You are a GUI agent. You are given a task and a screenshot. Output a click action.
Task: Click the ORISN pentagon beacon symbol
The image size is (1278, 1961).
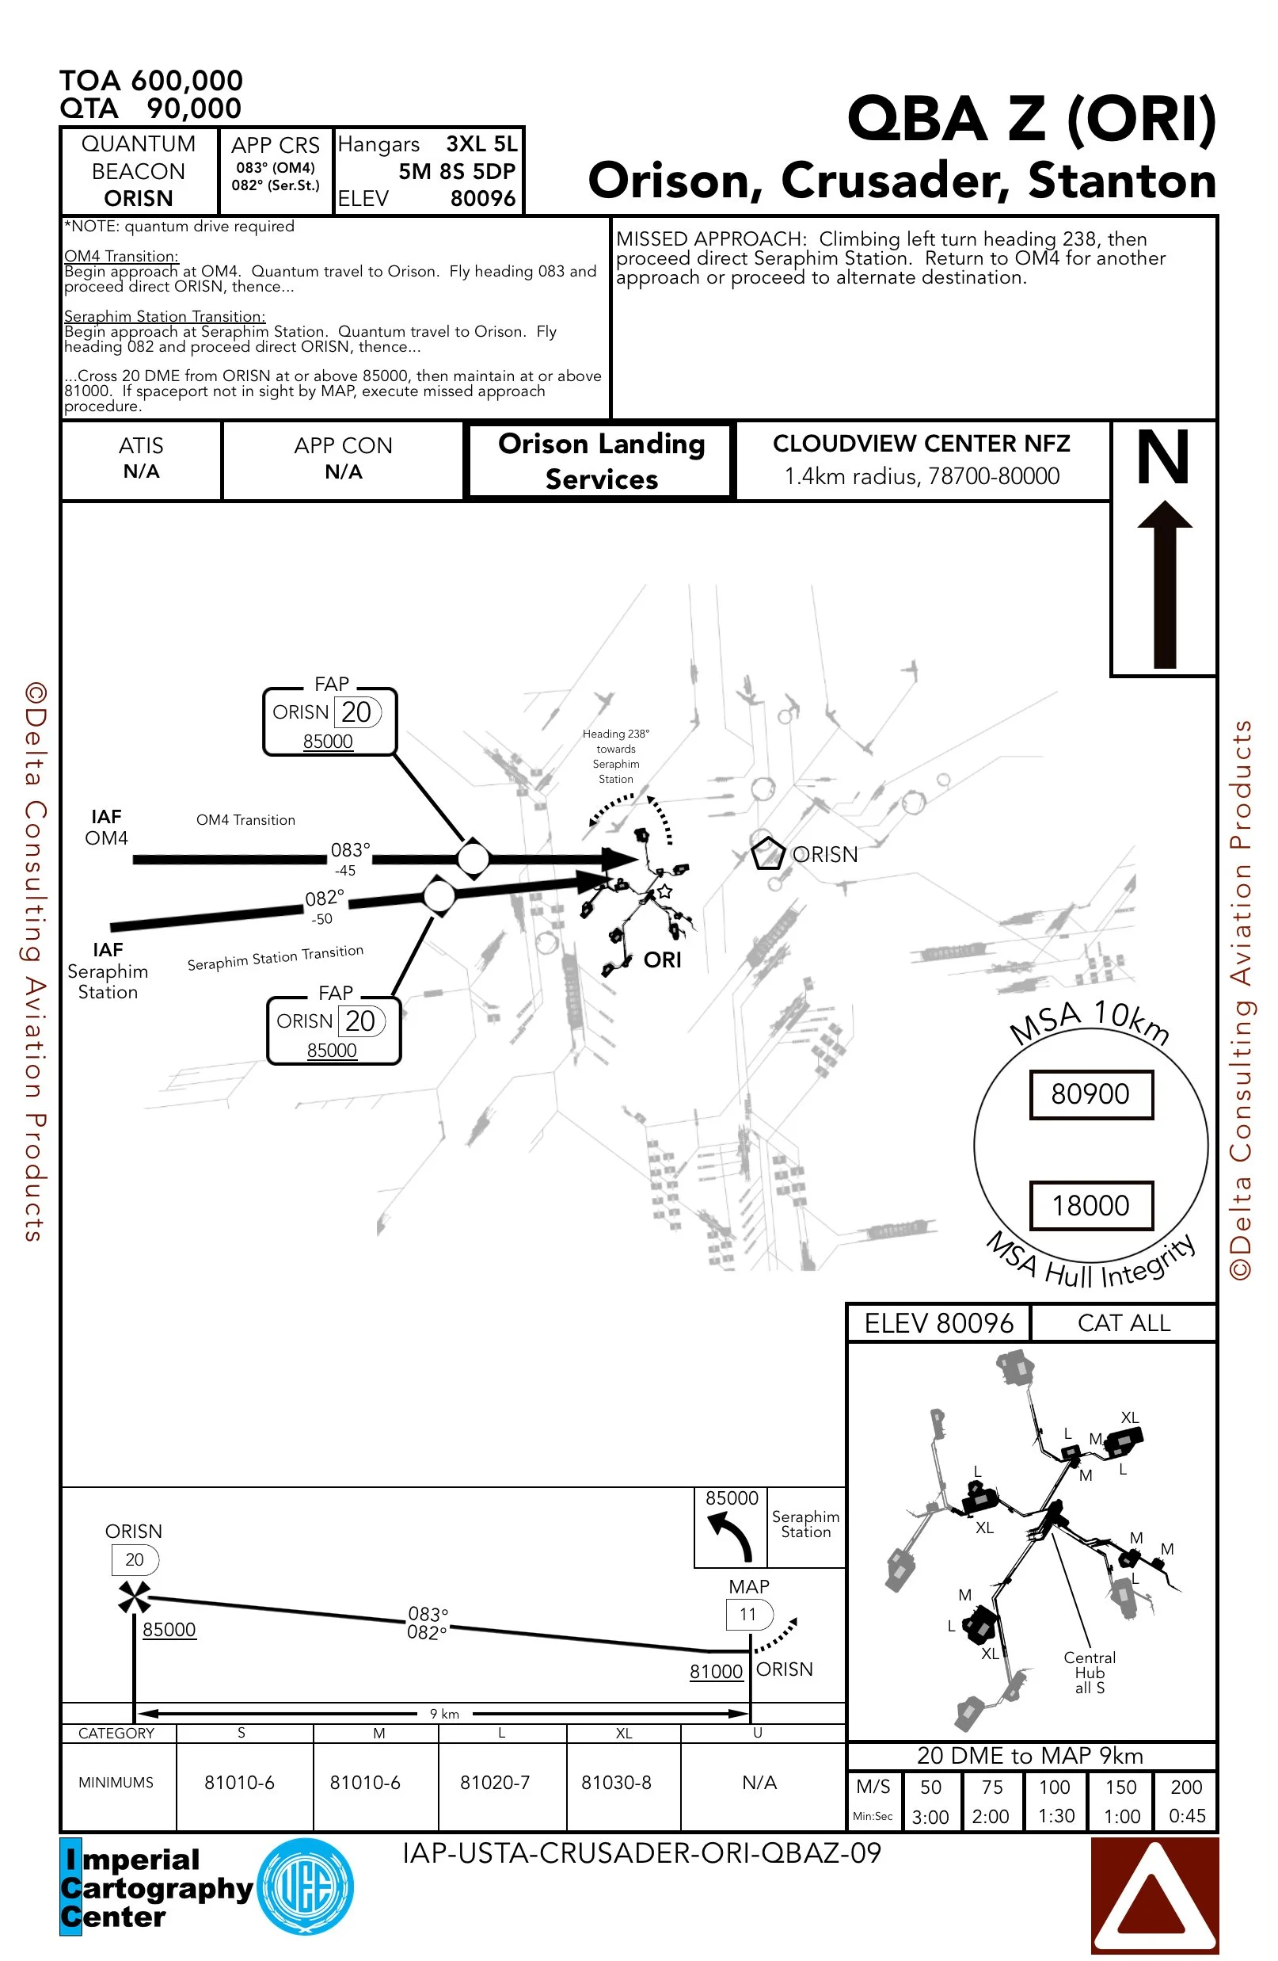tap(766, 853)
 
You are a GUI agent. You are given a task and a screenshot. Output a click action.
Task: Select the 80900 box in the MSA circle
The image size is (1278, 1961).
tap(1090, 1094)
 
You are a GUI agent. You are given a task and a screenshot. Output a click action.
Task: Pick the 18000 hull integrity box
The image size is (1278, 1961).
tap(1090, 1205)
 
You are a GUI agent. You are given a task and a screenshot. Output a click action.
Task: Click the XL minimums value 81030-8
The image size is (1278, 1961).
tap(616, 1782)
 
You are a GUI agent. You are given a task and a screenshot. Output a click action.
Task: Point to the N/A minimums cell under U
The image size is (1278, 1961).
tap(759, 1782)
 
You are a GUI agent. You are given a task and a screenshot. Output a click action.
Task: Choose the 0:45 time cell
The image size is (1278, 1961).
tap(1187, 1816)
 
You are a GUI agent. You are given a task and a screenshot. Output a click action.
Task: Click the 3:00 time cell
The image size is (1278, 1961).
tap(930, 1817)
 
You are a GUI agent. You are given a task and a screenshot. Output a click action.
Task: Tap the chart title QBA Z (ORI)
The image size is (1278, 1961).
tap(1031, 119)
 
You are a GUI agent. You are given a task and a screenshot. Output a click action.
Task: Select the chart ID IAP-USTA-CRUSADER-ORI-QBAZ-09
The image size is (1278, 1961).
tap(641, 1853)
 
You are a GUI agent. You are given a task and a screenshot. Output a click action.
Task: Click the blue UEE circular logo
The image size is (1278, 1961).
tap(306, 1886)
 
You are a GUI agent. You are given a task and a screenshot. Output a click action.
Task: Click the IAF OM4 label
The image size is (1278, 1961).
tap(106, 827)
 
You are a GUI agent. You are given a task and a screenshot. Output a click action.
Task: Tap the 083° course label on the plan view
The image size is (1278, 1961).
tap(350, 850)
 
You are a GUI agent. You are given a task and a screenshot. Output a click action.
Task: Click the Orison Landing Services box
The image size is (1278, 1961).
tap(601, 461)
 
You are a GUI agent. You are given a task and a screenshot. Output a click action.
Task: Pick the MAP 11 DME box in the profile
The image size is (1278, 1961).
tap(748, 1614)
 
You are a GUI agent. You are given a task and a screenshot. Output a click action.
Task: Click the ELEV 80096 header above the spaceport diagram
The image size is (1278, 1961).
tap(938, 1323)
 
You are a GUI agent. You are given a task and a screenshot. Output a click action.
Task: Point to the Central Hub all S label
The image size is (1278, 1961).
tap(1089, 1673)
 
